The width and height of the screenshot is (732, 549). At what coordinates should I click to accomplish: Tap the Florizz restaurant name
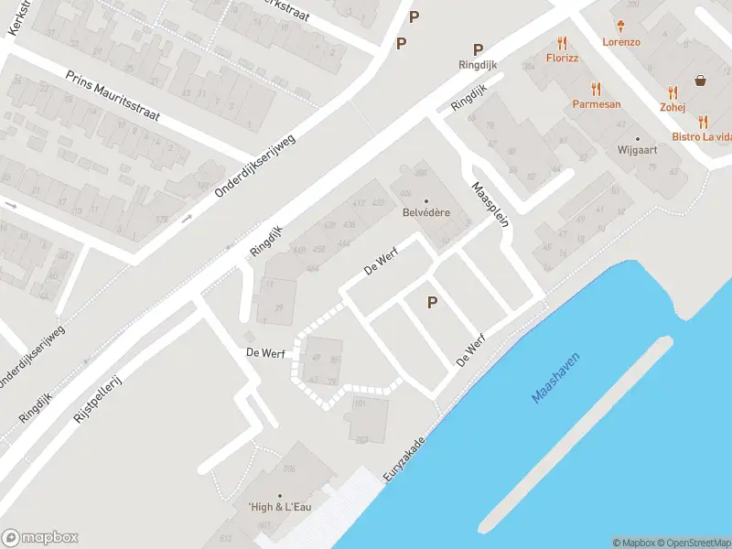563,59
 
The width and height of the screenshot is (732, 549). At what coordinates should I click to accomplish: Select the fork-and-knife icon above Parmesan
597,89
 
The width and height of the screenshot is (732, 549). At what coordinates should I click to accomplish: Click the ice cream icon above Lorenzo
621,26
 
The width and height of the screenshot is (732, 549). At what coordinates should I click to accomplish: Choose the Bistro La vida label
702,136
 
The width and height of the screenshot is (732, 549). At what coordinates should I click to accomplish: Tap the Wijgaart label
638,149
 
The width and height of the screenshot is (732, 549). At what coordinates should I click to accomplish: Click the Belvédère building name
425,215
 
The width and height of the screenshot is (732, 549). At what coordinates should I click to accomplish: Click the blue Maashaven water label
556,379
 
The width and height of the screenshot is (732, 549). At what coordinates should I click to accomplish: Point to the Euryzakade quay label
406,454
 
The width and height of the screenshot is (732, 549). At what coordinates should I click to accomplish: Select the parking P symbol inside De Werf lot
432,303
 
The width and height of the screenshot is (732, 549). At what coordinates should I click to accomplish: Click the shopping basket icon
701,80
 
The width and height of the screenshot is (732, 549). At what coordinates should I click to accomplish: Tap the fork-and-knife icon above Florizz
562,43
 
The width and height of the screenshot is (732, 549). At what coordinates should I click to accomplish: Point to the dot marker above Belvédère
425,201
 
